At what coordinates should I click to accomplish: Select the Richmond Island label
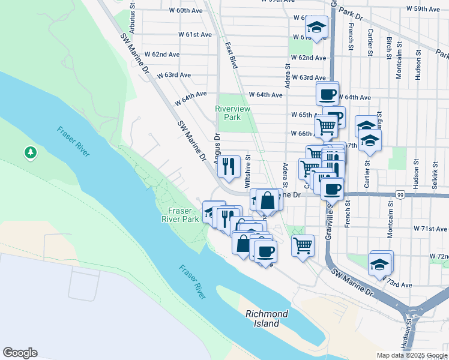(x=267, y=319)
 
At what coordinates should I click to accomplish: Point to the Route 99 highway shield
(x=400, y=194)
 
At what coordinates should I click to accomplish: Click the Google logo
(x=20, y=353)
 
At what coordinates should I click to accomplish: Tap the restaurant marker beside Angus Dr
(x=228, y=167)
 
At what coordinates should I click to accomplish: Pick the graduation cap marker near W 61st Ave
(x=316, y=26)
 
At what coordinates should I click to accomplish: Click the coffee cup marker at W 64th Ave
(x=328, y=94)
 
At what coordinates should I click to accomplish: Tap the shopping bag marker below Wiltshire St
(x=268, y=200)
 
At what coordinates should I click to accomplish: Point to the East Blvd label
(x=231, y=53)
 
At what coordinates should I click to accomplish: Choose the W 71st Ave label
(x=433, y=229)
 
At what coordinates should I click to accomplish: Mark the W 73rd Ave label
(x=399, y=284)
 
